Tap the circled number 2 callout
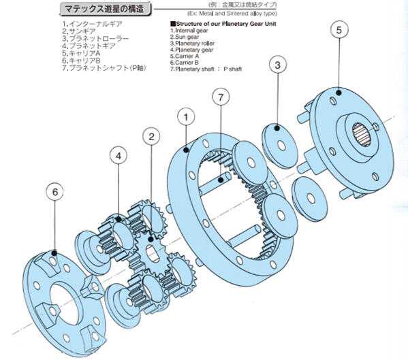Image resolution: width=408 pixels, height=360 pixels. [151, 136]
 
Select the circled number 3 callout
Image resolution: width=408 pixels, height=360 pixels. [277, 65]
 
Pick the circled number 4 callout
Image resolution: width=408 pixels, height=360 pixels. [119, 156]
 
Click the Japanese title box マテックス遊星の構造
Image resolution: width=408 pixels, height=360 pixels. [104, 9]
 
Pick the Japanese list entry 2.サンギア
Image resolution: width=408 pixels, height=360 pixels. [80, 31]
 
